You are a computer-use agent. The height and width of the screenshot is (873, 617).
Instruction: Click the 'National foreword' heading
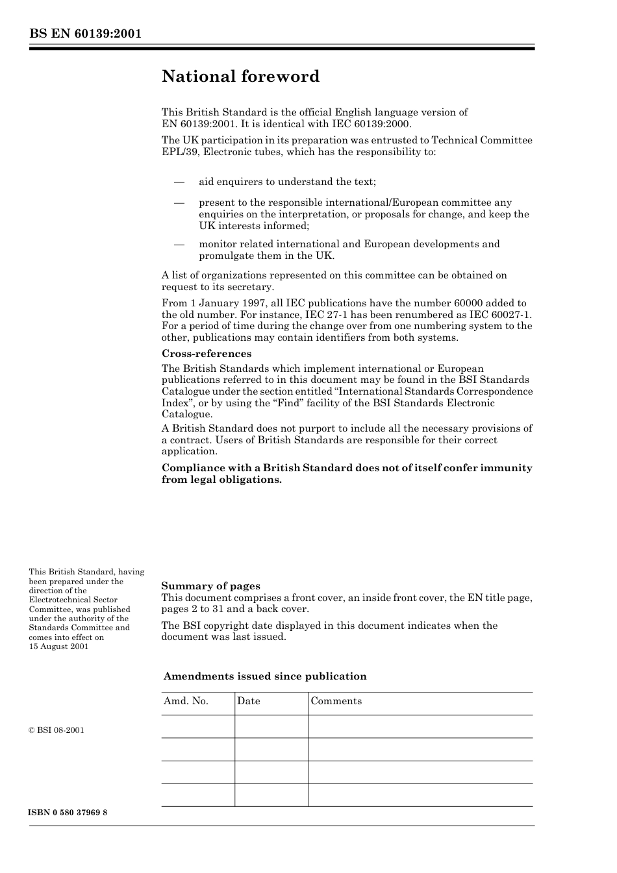pos(240,77)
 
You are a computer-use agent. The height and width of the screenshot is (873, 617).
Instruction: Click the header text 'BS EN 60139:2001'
pos(85,34)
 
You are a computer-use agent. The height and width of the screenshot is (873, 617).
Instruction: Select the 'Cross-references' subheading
pos(206,354)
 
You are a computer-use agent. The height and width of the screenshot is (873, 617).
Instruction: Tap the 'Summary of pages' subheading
pos(210,586)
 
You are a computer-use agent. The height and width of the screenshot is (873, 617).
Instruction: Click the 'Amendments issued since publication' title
pos(265,676)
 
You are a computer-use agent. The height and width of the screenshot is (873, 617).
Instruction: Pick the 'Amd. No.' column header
pos(186,701)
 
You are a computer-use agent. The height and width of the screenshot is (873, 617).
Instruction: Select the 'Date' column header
pos(248,701)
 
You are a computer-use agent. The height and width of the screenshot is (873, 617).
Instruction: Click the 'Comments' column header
pos(336,701)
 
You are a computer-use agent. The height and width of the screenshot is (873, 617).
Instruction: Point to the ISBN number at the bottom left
pos(68,813)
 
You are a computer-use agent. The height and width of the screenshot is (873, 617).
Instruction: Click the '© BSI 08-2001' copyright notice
pos(57,730)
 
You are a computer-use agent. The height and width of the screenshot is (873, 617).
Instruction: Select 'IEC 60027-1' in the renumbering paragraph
pos(503,315)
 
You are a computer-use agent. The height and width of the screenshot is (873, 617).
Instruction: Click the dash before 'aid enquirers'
pos(179,182)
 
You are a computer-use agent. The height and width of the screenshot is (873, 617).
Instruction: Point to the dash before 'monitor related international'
pos(179,244)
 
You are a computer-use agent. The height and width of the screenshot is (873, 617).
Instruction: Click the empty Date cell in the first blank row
pos(271,727)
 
